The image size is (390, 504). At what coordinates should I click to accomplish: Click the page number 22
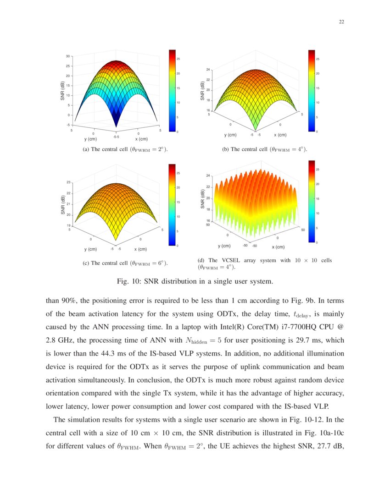click(x=341, y=22)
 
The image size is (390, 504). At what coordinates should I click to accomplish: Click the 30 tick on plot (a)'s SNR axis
click(x=68, y=56)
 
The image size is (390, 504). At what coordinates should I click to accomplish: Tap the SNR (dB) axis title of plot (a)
click(x=62, y=91)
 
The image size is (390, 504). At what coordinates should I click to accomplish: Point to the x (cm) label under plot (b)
click(x=280, y=135)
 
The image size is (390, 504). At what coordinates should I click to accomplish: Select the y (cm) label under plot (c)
click(x=90, y=249)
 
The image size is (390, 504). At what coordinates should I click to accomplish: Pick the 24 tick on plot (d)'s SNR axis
click(x=207, y=176)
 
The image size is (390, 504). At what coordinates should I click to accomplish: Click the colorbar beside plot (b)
click(x=311, y=90)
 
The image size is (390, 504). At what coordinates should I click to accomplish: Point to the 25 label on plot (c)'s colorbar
click(x=178, y=173)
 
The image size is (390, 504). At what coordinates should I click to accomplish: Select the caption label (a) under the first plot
click(x=85, y=149)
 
